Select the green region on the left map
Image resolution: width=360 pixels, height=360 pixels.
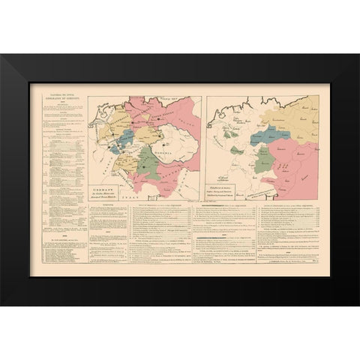click(x=151, y=165)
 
